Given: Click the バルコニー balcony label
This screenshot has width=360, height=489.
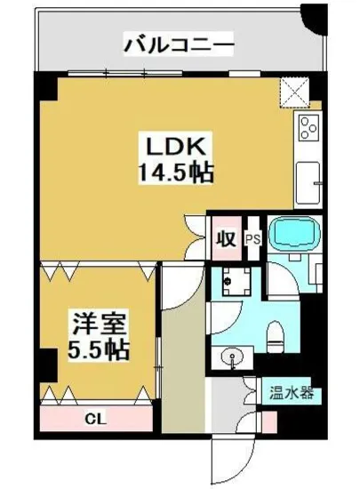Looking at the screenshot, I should [x=179, y=42].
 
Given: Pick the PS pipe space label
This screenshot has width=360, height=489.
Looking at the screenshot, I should [x=252, y=238].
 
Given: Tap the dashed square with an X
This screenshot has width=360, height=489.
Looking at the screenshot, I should [x=295, y=91].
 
